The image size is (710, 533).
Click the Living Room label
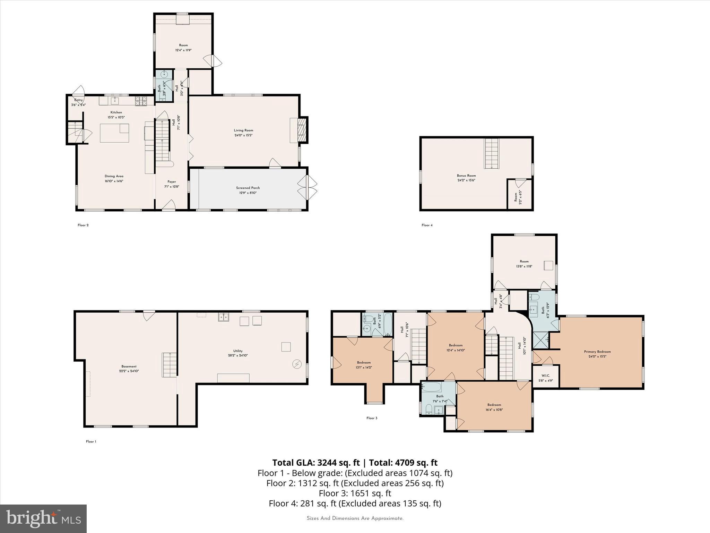243,130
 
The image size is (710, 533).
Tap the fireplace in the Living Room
301,130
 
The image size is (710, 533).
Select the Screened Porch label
248,188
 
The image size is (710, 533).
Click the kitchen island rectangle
114,133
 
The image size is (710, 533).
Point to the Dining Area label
114,176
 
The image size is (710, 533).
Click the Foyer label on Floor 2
172,182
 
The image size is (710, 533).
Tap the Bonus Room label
466,176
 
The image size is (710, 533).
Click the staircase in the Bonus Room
492,153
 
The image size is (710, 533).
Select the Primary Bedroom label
597,352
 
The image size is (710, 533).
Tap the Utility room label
238,351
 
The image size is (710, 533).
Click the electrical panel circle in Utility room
297,364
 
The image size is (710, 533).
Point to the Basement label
129,366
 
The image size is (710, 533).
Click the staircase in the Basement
169,365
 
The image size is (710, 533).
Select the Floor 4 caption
427,225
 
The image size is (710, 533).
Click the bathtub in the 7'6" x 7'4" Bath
431,387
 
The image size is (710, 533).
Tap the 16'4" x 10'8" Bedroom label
494,405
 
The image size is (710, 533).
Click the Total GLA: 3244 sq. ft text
316,463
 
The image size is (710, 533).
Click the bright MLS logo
43,518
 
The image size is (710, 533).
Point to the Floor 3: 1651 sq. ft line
355,493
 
